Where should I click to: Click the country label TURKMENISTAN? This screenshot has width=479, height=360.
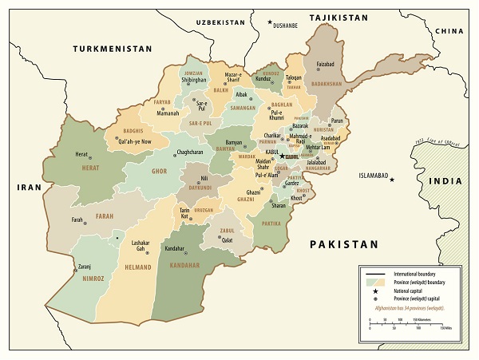(x=112, y=49)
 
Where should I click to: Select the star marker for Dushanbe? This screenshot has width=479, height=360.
(x=269, y=26)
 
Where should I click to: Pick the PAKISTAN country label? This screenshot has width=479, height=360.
(x=343, y=243)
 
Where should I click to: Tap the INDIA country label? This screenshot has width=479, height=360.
(x=445, y=181)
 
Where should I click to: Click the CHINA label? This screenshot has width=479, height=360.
(x=449, y=30)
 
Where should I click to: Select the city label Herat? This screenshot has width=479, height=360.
(x=81, y=154)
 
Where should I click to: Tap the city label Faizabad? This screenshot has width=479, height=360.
(x=325, y=63)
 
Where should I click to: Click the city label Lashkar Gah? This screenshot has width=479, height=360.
(x=141, y=245)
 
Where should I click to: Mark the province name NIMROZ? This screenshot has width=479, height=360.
(x=93, y=279)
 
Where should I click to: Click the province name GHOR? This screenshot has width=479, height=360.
(x=160, y=172)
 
